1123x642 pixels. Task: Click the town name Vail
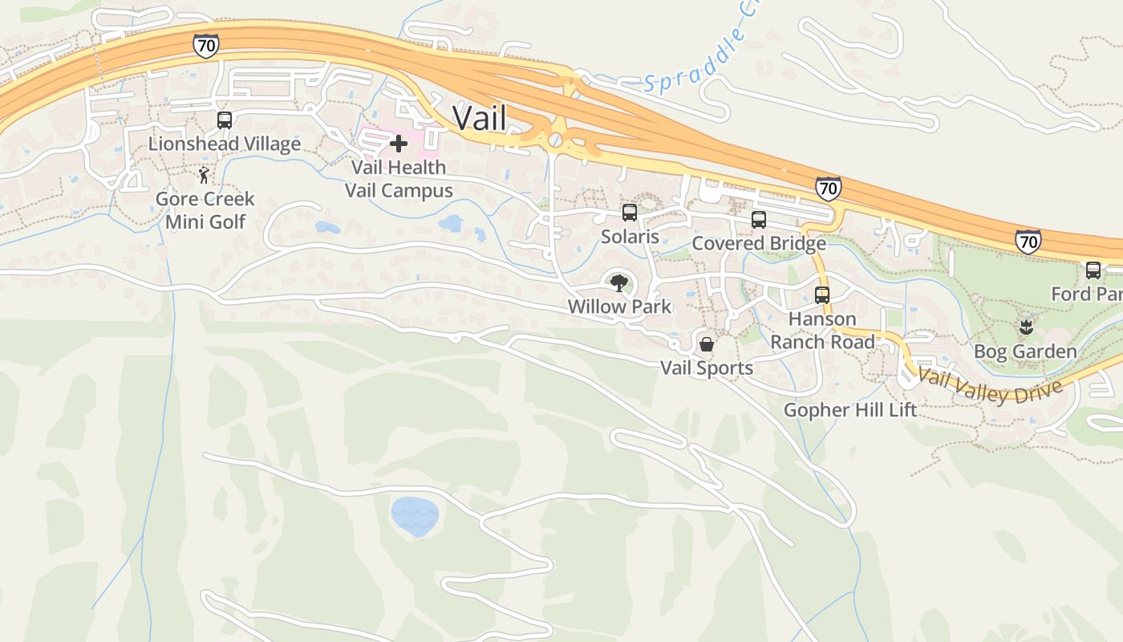(x=480, y=118)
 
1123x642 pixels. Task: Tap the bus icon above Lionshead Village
(x=225, y=120)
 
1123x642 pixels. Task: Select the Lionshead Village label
(x=225, y=144)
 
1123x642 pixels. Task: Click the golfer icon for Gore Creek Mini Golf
(x=205, y=175)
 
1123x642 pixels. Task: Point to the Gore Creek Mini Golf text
(x=205, y=210)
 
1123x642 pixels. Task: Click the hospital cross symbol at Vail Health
(x=399, y=144)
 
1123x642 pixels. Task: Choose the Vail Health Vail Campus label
(x=399, y=179)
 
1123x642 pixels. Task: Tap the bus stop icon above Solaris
(x=630, y=213)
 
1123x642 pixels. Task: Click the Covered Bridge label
(x=758, y=243)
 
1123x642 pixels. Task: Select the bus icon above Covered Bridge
(x=758, y=219)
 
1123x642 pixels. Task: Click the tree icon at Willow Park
(x=618, y=282)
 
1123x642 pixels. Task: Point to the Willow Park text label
(x=619, y=307)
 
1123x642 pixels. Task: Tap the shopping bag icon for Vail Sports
(x=707, y=344)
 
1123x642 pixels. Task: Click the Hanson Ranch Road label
(x=822, y=331)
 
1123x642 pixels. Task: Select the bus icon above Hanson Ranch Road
(x=822, y=295)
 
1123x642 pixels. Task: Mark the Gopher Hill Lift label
(x=849, y=410)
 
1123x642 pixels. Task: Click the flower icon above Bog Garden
(x=1025, y=327)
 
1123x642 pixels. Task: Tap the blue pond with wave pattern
(x=415, y=517)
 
